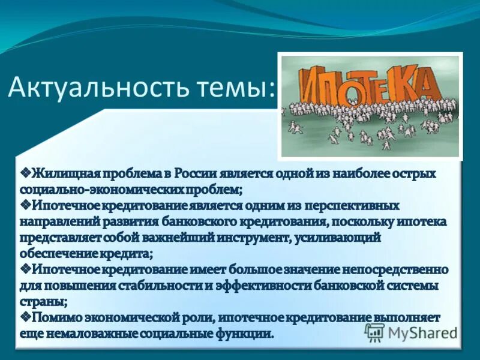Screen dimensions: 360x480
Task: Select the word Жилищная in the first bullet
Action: pyautogui.click(x=62, y=173)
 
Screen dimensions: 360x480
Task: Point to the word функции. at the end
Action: pyautogui.click(x=248, y=332)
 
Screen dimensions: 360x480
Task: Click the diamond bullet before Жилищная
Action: pyautogui.click(x=26, y=173)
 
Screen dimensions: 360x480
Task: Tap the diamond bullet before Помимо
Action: pyautogui.click(x=26, y=316)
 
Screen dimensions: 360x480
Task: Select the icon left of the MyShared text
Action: pyautogui.click(x=375, y=332)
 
